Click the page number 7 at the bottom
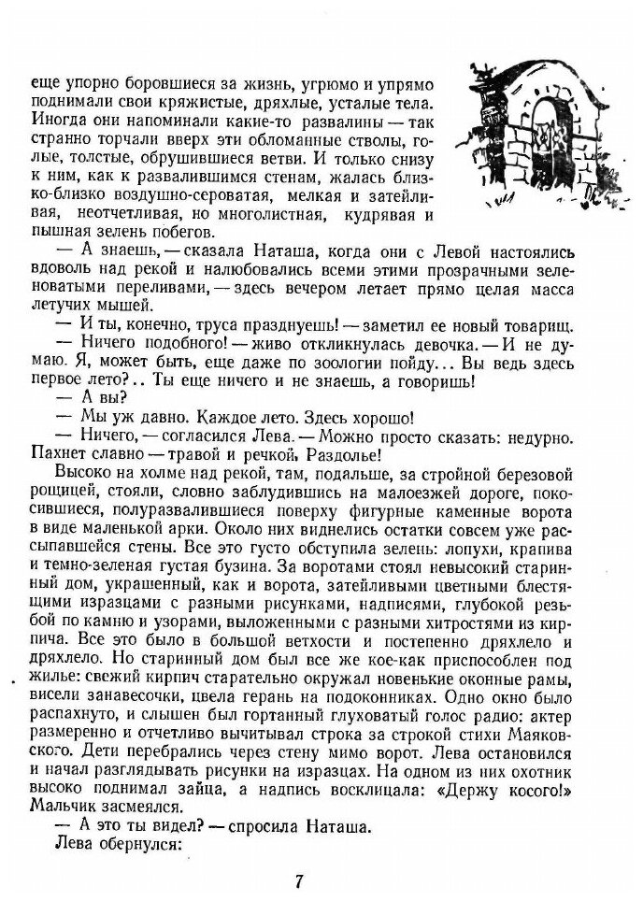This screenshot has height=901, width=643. [x=298, y=880]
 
